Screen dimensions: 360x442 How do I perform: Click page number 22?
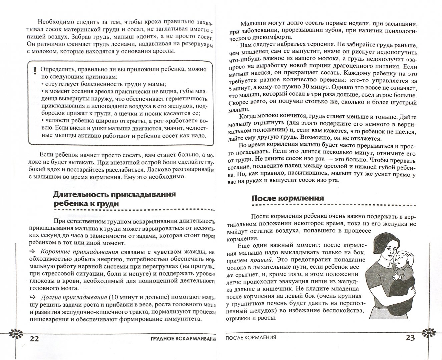coord(35,339)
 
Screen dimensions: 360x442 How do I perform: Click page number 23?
coord(410,338)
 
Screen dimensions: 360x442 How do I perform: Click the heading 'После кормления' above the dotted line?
coord(287,198)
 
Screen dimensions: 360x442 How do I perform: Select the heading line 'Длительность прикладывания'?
coord(114,194)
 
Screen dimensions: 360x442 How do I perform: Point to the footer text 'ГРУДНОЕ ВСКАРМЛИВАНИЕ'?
coord(181,339)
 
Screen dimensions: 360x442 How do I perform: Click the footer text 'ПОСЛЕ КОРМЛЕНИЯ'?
coord(251,337)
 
